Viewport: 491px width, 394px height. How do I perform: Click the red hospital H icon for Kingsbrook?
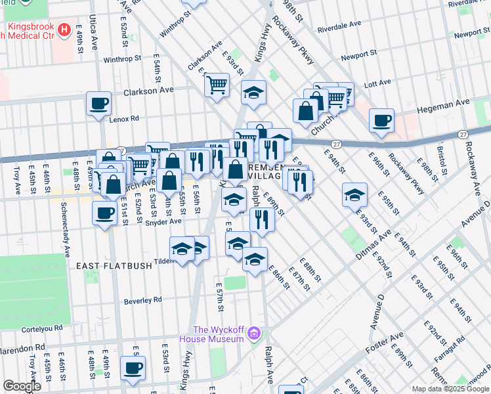tap(64, 30)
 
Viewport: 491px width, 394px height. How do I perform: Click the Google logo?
tap(22, 386)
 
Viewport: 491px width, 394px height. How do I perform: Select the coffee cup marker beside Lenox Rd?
tap(98, 103)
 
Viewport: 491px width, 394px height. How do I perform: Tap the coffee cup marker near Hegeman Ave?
tap(381, 120)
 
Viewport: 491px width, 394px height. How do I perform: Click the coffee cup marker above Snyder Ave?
tap(104, 213)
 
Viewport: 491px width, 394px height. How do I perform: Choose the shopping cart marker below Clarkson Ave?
tap(217, 84)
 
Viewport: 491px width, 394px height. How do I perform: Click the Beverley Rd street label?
tap(142, 301)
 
